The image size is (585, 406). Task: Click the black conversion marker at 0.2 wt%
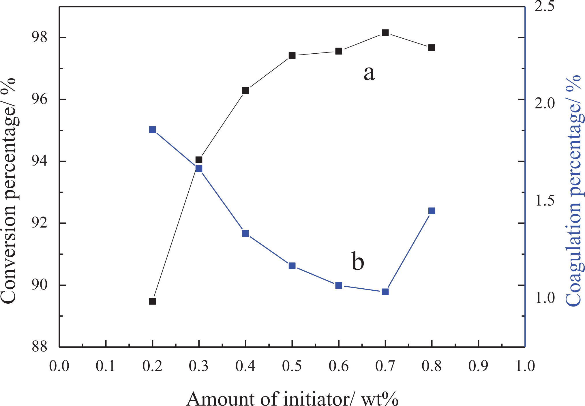pos(152,301)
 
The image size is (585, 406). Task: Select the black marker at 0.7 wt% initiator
pos(385,33)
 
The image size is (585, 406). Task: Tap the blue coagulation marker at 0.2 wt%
pos(152,129)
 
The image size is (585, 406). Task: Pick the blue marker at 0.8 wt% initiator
pos(432,211)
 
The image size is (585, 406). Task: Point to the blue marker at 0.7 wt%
pos(385,292)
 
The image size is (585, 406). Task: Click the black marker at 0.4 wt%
pos(245,91)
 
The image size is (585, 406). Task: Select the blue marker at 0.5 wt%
pos(292,266)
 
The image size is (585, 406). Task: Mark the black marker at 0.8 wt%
pos(432,48)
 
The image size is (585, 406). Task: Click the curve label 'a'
pos(369,73)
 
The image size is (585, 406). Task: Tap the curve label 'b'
pos(358,261)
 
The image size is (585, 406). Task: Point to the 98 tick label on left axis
pos(39,37)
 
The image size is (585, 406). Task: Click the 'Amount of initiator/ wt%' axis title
pos(292,399)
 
